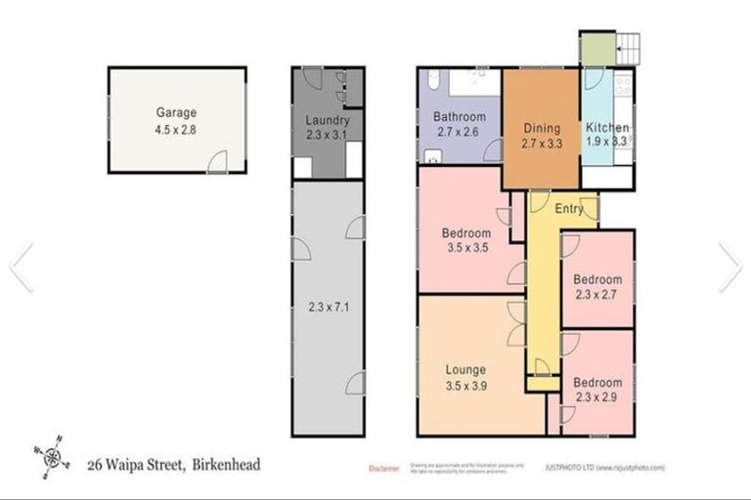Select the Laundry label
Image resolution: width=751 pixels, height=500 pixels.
point(327,120)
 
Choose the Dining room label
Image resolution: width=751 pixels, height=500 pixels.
point(541,128)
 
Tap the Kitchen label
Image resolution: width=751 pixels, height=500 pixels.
point(606,128)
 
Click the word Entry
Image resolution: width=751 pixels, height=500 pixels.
point(569,208)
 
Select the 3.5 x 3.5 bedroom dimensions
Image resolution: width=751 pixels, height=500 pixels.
point(465,249)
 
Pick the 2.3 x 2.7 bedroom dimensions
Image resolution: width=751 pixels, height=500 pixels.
point(597,295)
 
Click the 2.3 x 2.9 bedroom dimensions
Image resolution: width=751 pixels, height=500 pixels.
point(597,397)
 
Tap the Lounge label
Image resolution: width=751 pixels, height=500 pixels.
point(465,370)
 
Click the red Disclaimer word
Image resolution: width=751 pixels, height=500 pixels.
point(383,469)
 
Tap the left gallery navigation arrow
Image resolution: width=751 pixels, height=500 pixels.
point(22,267)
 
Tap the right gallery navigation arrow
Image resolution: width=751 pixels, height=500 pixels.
point(729,267)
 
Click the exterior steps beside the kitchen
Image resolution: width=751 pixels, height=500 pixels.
point(631,47)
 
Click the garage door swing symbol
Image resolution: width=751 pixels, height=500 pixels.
point(221,161)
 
